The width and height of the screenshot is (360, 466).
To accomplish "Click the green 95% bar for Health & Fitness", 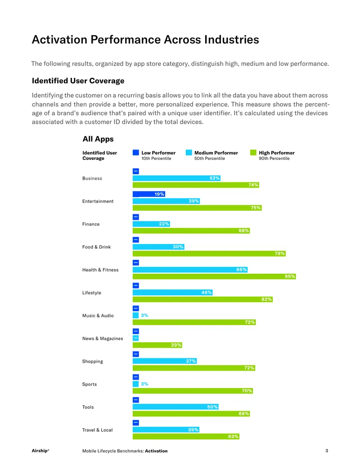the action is (214, 276).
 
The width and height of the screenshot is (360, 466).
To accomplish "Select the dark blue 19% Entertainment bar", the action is (149, 194).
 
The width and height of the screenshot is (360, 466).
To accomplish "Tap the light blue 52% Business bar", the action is (176, 178).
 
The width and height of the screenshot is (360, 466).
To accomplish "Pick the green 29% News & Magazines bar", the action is (157, 345).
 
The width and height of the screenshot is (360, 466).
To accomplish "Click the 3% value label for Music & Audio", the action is (144, 315).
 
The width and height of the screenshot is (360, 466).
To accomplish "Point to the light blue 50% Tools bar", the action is (175, 407).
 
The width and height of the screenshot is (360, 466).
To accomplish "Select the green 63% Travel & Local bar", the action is (186, 436).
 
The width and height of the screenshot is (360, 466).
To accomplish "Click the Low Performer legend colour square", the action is (136, 153).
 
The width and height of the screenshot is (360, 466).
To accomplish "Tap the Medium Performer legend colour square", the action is (189, 153).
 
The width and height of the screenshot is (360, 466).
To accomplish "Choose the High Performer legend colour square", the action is (253, 153).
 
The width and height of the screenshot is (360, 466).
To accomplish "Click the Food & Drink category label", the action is (97, 247).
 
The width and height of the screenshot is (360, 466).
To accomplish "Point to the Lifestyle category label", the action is (92, 293).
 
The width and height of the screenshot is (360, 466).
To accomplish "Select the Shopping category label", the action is (93, 362).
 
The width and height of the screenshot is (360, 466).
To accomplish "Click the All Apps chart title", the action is (98, 139).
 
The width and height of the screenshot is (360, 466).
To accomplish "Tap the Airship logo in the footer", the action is (40, 451).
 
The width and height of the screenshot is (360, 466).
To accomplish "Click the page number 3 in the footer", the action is (327, 451).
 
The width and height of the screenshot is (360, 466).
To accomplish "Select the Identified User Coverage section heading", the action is (78, 81).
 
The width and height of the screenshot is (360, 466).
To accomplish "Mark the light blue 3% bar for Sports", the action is (136, 384).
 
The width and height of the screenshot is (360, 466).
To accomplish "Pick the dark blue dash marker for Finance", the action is (136, 217).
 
